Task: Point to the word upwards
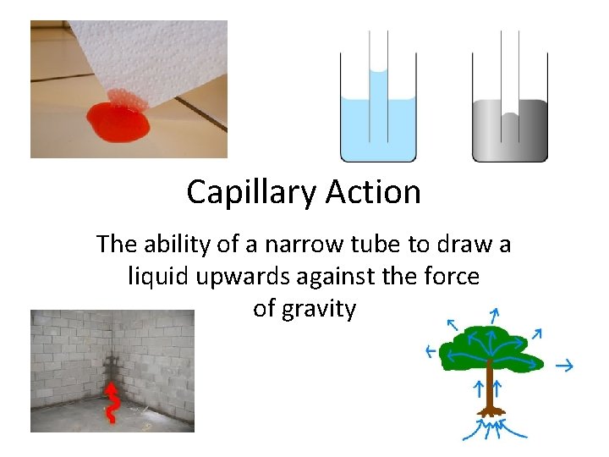tap(245, 277)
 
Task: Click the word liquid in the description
tap(157, 277)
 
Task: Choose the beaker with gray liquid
tap(509, 127)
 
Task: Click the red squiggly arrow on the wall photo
tap(111, 402)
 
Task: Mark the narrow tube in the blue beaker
tap(378, 93)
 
